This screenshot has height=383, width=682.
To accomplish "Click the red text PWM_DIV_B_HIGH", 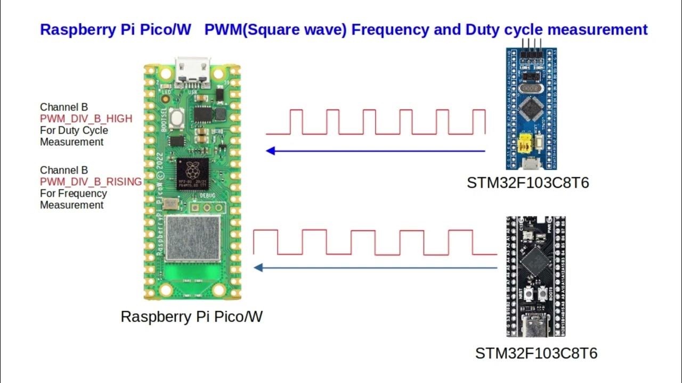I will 86,119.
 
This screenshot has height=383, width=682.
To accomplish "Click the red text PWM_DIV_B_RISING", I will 91,182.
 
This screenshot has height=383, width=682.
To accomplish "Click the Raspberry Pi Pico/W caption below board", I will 192,317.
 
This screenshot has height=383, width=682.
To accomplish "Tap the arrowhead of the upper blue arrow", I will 271,151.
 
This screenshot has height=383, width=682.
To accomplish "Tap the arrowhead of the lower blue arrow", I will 258,268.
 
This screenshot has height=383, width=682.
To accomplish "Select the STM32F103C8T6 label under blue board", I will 528,183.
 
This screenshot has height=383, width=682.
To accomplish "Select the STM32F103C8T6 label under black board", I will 536,353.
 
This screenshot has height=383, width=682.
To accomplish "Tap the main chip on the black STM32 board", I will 535,262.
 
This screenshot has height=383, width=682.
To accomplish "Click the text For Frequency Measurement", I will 73,199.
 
